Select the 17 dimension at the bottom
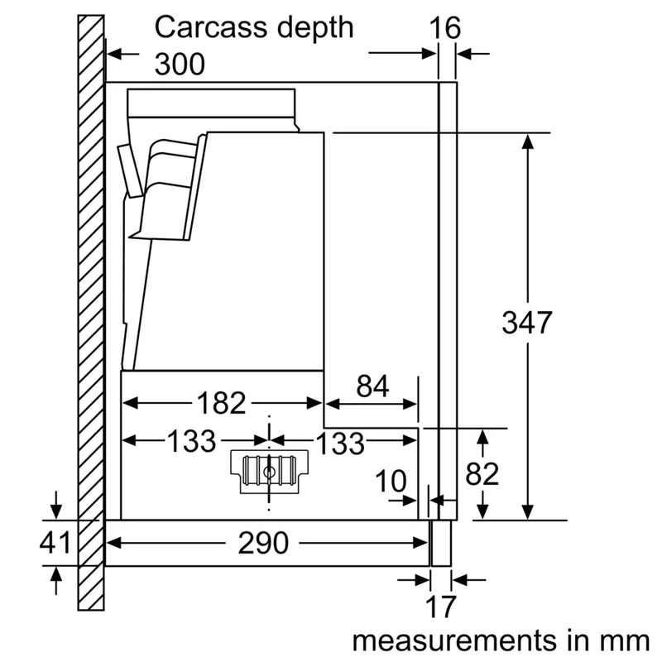click(x=442, y=607)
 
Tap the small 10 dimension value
click(x=391, y=479)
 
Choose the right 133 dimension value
click(x=339, y=442)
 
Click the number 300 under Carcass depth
click(x=180, y=64)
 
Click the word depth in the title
click(x=313, y=29)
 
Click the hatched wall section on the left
click(x=92, y=314)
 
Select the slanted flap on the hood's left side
click(x=129, y=169)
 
